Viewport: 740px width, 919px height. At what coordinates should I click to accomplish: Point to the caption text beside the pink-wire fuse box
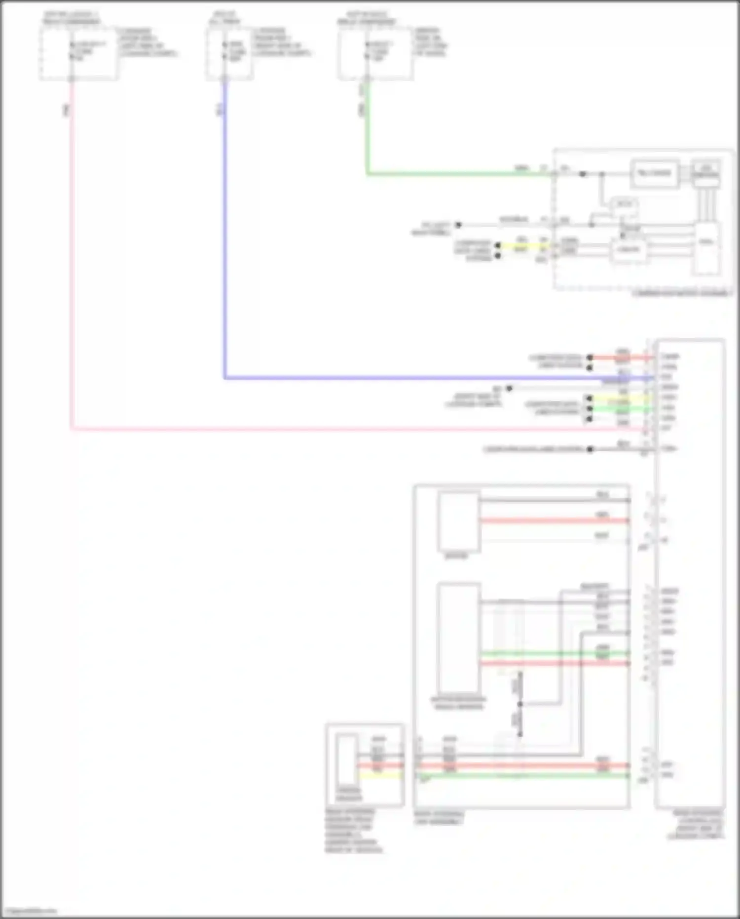coord(147,42)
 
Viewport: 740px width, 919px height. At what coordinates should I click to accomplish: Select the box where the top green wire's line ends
coord(654,173)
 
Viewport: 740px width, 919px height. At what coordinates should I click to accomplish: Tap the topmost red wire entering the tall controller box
coord(622,357)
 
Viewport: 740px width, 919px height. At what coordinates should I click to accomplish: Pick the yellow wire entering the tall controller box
coord(622,398)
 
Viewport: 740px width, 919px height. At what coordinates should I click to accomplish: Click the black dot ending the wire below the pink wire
coord(590,449)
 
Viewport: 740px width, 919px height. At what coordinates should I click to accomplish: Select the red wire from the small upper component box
coord(553,520)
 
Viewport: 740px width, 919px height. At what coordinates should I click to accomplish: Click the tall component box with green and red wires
coord(459,638)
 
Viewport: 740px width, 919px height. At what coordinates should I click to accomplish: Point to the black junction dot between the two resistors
coord(519,704)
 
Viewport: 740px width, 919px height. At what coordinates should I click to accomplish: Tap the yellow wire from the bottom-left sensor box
coord(380,775)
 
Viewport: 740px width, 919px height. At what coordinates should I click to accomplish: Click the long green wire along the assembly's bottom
coord(523,776)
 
